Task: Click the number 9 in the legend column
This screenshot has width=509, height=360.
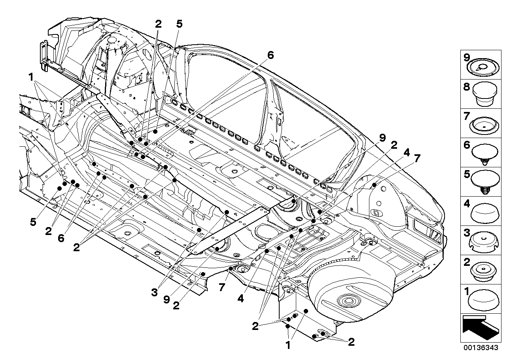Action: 467,57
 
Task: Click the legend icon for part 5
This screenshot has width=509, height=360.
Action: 485,181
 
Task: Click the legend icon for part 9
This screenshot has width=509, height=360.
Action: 484,66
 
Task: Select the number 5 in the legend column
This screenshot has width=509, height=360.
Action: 467,174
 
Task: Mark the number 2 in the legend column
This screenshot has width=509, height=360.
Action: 467,262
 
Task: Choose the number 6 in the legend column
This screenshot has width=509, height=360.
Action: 467,145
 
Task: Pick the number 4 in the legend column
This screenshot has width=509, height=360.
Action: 467,204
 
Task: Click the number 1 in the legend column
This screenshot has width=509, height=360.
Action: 467,292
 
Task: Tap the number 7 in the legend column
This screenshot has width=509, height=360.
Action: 467,116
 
